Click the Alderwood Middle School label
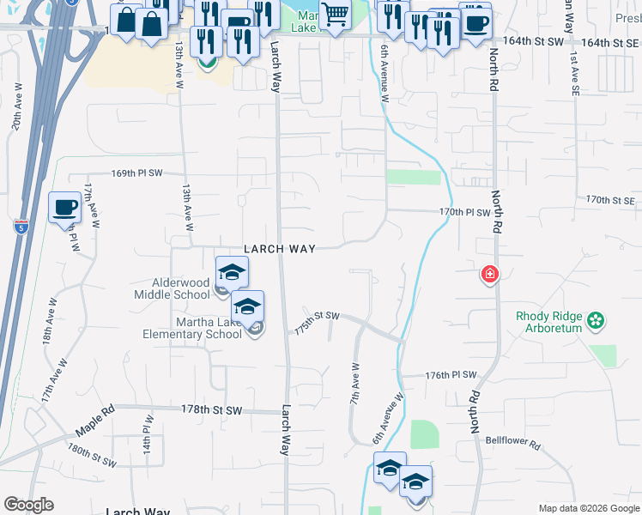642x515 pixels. tap(172, 288)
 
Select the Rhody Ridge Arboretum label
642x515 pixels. tap(550, 322)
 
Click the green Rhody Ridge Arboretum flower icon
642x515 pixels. tap(597, 322)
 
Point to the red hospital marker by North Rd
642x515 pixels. tap(489, 275)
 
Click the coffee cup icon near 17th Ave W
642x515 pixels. tap(65, 207)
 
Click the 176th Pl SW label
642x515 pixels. tap(451, 375)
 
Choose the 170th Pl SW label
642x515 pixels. tap(463, 212)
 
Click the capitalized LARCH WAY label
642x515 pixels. tap(280, 249)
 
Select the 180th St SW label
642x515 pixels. tap(92, 456)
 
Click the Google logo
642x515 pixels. tap(28, 505)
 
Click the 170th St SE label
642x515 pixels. tap(609, 200)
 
